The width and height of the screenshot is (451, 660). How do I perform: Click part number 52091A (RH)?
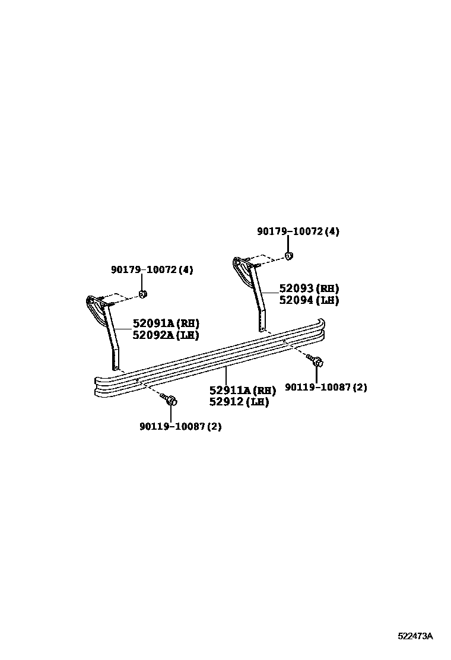tap(166, 323)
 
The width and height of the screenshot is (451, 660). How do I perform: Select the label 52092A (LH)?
tap(166, 335)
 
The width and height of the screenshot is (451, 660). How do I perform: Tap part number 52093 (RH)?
tap(309, 288)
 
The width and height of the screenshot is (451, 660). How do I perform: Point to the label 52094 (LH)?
tap(309, 300)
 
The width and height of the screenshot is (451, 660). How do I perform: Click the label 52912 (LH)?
tap(239, 402)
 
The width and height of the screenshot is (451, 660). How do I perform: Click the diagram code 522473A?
tap(415, 636)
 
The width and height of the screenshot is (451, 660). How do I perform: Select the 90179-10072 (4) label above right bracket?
tap(298, 231)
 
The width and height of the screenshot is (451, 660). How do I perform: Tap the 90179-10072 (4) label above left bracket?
tap(152, 270)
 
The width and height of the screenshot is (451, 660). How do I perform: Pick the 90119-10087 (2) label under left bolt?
tap(180, 426)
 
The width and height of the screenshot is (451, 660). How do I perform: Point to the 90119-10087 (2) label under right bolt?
tap(326, 388)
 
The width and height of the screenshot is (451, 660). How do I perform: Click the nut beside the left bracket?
tap(143, 294)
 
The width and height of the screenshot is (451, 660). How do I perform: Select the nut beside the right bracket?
tap(289, 256)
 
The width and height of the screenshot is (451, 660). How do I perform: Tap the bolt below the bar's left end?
tap(171, 401)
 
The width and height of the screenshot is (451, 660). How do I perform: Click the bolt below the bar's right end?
tap(316, 361)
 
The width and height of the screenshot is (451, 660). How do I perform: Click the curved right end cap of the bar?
tap(321, 329)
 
